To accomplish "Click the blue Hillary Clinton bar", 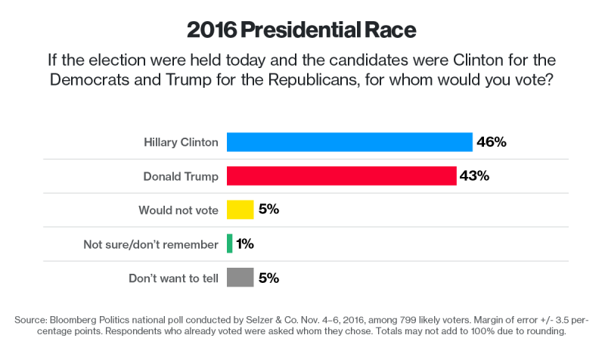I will pyautogui.click(x=349, y=142).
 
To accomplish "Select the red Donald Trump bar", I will pyautogui.click(x=341, y=176).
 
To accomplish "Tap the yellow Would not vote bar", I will pyautogui.click(x=240, y=209).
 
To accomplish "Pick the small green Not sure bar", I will pyautogui.click(x=229, y=244).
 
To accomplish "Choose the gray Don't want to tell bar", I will pyautogui.click(x=240, y=278).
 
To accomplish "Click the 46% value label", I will pyautogui.click(x=492, y=142).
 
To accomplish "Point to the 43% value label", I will pyautogui.click(x=474, y=176).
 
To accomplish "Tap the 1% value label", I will pyautogui.click(x=244, y=244).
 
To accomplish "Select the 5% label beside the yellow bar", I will pyautogui.click(x=268, y=209).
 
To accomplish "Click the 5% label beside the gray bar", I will pyautogui.click(x=268, y=278).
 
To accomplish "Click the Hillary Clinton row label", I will pyautogui.click(x=181, y=142).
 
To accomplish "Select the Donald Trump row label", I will pyautogui.click(x=181, y=176).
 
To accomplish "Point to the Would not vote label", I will pyautogui.click(x=178, y=210).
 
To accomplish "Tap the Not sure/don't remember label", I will pyautogui.click(x=151, y=244).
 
